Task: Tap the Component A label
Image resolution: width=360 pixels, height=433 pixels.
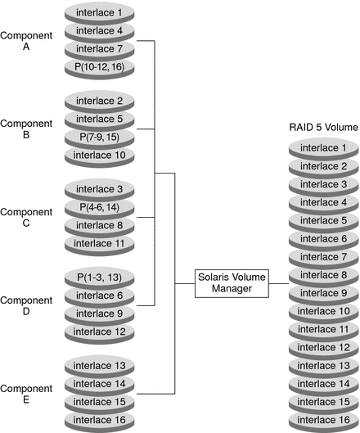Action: pyautogui.click(x=25, y=41)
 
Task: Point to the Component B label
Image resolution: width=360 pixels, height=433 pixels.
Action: pyautogui.click(x=25, y=129)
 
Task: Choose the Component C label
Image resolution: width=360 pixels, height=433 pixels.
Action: pyautogui.click(x=25, y=217)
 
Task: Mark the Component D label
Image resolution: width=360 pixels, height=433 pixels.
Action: pyautogui.click(x=25, y=304)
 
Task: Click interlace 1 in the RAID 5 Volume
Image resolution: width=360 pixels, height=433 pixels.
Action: pyautogui.click(x=321, y=148)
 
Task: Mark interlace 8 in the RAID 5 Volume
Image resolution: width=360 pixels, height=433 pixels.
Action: pyautogui.click(x=321, y=275)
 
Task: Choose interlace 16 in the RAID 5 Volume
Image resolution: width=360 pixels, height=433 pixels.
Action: pyautogui.click(x=321, y=419)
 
